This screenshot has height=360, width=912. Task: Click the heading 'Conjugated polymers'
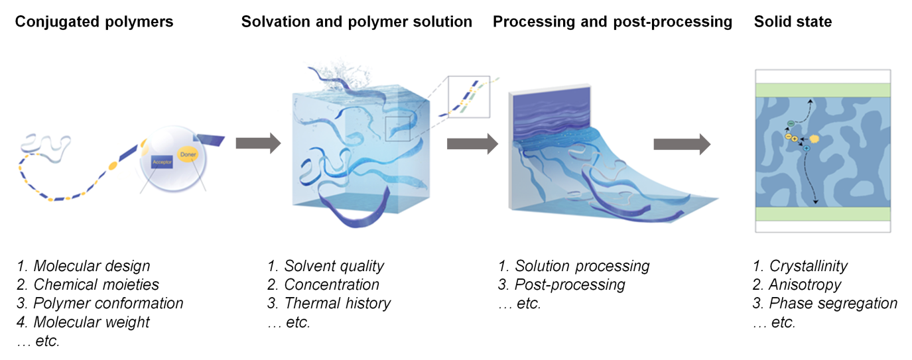(x=94, y=22)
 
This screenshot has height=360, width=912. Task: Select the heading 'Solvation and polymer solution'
(x=357, y=22)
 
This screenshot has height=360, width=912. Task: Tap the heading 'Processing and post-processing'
(x=612, y=22)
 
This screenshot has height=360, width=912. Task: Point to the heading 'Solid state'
(x=793, y=22)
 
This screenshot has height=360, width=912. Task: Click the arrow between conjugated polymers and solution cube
(x=258, y=144)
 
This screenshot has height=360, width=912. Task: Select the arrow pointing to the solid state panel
(x=682, y=144)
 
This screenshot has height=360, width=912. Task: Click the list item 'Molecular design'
(x=92, y=267)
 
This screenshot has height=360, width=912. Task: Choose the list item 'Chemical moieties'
(x=97, y=285)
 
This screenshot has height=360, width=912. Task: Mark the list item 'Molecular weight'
(x=92, y=322)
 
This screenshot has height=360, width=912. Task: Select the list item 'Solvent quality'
(x=334, y=267)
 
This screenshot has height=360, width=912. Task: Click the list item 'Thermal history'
(x=338, y=304)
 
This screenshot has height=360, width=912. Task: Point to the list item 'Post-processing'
(x=570, y=285)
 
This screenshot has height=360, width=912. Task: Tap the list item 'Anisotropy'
(x=805, y=285)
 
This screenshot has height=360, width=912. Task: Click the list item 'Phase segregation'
(x=833, y=304)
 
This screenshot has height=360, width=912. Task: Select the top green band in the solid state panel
(x=822, y=90)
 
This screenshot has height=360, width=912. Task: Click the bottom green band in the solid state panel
(x=822, y=214)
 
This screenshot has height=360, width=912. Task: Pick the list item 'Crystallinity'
(x=809, y=267)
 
